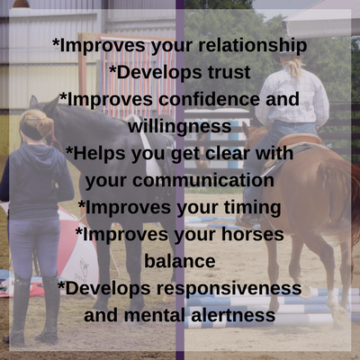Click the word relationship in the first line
pos(252,46)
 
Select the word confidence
pos(209,99)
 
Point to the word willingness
pos(180,127)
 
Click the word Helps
pos(96,154)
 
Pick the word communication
pos(203,180)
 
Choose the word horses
pos(253,234)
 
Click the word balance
pos(180,261)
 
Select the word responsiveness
pos(229,289)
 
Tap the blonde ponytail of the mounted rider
pos(294,68)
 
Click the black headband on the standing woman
pos(31,131)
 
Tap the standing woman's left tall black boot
pos(19,312)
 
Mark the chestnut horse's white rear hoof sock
pos(332,299)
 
